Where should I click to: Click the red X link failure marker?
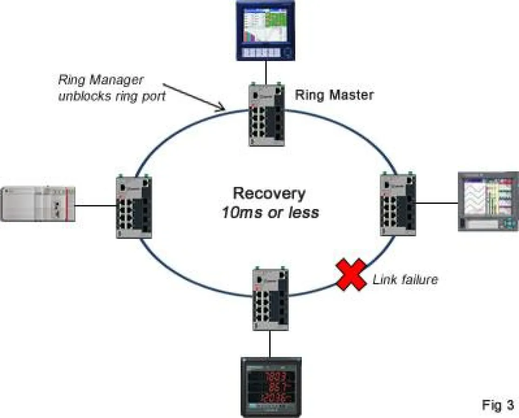(351, 276)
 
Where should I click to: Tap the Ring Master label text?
(334, 96)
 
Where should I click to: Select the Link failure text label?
(405, 280)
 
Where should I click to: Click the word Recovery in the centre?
(269, 194)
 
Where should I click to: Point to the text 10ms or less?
(270, 213)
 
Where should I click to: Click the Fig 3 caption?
(498, 405)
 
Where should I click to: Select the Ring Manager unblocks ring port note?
(112, 89)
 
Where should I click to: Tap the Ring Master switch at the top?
(266, 113)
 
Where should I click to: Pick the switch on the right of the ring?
(398, 204)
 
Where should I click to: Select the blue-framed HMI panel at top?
(266, 30)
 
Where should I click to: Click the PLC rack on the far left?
(38, 203)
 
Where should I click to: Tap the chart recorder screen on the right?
(488, 201)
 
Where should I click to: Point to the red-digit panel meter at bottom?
(271, 386)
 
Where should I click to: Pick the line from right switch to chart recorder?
(437, 202)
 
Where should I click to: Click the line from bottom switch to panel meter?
(270, 344)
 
